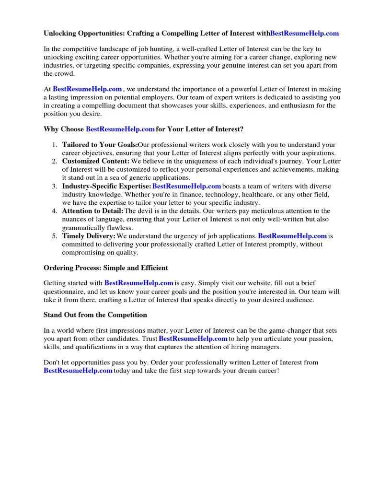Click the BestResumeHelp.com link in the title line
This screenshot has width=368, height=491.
click(x=304, y=33)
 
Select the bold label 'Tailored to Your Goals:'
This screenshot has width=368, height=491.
click(x=100, y=144)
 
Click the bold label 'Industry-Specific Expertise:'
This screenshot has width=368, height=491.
click(x=106, y=186)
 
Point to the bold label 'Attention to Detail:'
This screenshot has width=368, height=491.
click(x=93, y=211)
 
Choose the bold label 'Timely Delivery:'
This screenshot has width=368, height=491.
click(x=89, y=236)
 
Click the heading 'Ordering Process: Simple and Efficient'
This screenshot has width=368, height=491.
click(x=106, y=268)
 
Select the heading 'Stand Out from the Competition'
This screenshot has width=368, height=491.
click(x=95, y=315)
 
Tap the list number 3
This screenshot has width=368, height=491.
click(x=55, y=186)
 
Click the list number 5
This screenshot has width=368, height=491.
click(x=55, y=236)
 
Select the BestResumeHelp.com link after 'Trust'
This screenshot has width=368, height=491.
click(x=193, y=339)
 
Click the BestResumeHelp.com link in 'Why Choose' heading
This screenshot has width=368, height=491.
click(x=120, y=129)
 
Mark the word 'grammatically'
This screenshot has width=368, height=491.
click(x=84, y=228)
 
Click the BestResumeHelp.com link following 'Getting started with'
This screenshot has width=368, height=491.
click(x=138, y=283)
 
